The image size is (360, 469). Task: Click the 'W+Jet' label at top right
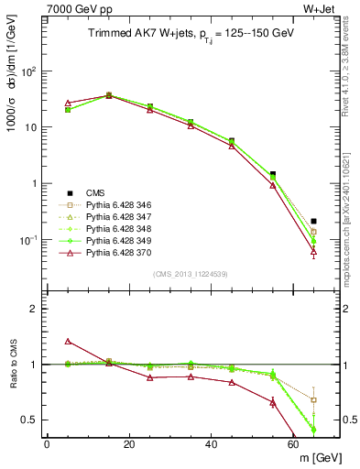(321, 10)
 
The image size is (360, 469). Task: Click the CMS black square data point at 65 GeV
(314, 221)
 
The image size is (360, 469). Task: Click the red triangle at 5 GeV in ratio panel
(68, 342)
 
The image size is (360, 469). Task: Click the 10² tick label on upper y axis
(29, 71)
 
